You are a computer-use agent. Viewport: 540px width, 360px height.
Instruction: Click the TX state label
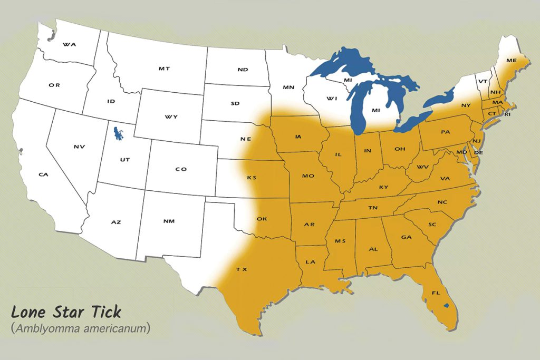click(242, 269)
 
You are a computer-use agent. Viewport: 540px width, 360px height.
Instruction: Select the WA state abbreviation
click(69, 45)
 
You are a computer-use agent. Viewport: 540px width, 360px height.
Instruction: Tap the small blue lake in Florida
click(446, 305)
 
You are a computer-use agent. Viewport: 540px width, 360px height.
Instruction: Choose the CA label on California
click(43, 174)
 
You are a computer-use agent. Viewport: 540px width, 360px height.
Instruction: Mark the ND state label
click(243, 70)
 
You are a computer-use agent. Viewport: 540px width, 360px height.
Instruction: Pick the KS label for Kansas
click(252, 178)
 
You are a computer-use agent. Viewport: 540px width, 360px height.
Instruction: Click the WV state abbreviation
click(422, 167)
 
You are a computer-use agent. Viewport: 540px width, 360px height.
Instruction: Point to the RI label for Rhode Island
click(508, 114)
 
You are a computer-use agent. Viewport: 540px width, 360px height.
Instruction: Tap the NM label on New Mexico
click(169, 221)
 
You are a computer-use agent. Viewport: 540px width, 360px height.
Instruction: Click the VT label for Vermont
click(481, 82)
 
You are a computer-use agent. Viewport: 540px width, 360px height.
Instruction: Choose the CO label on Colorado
click(181, 169)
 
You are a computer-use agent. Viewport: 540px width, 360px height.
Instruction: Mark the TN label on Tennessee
click(373, 208)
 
